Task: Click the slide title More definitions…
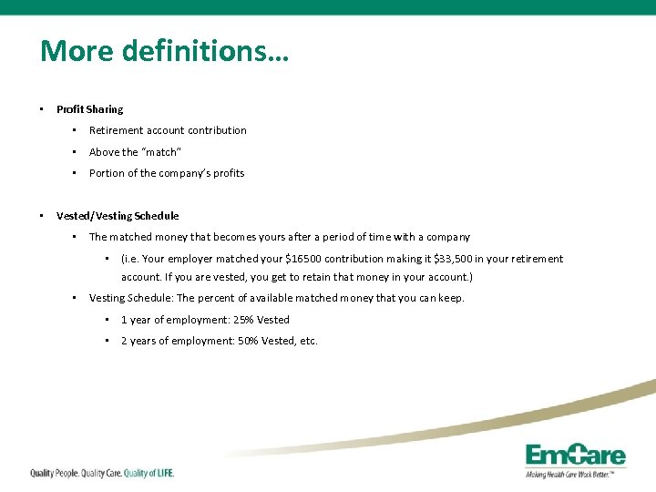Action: tap(164, 50)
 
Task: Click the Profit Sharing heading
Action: tap(89, 109)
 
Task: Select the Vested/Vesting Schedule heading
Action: tap(118, 216)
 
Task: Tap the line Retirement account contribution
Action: tap(168, 130)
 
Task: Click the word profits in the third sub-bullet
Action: tap(228, 173)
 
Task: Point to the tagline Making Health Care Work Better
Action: tap(575, 474)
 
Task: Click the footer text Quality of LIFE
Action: tap(148, 473)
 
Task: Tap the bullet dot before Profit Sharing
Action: tap(42, 109)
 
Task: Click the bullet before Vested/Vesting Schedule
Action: tap(42, 216)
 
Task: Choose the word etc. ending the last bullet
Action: tap(308, 341)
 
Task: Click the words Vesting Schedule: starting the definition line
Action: tap(130, 298)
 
